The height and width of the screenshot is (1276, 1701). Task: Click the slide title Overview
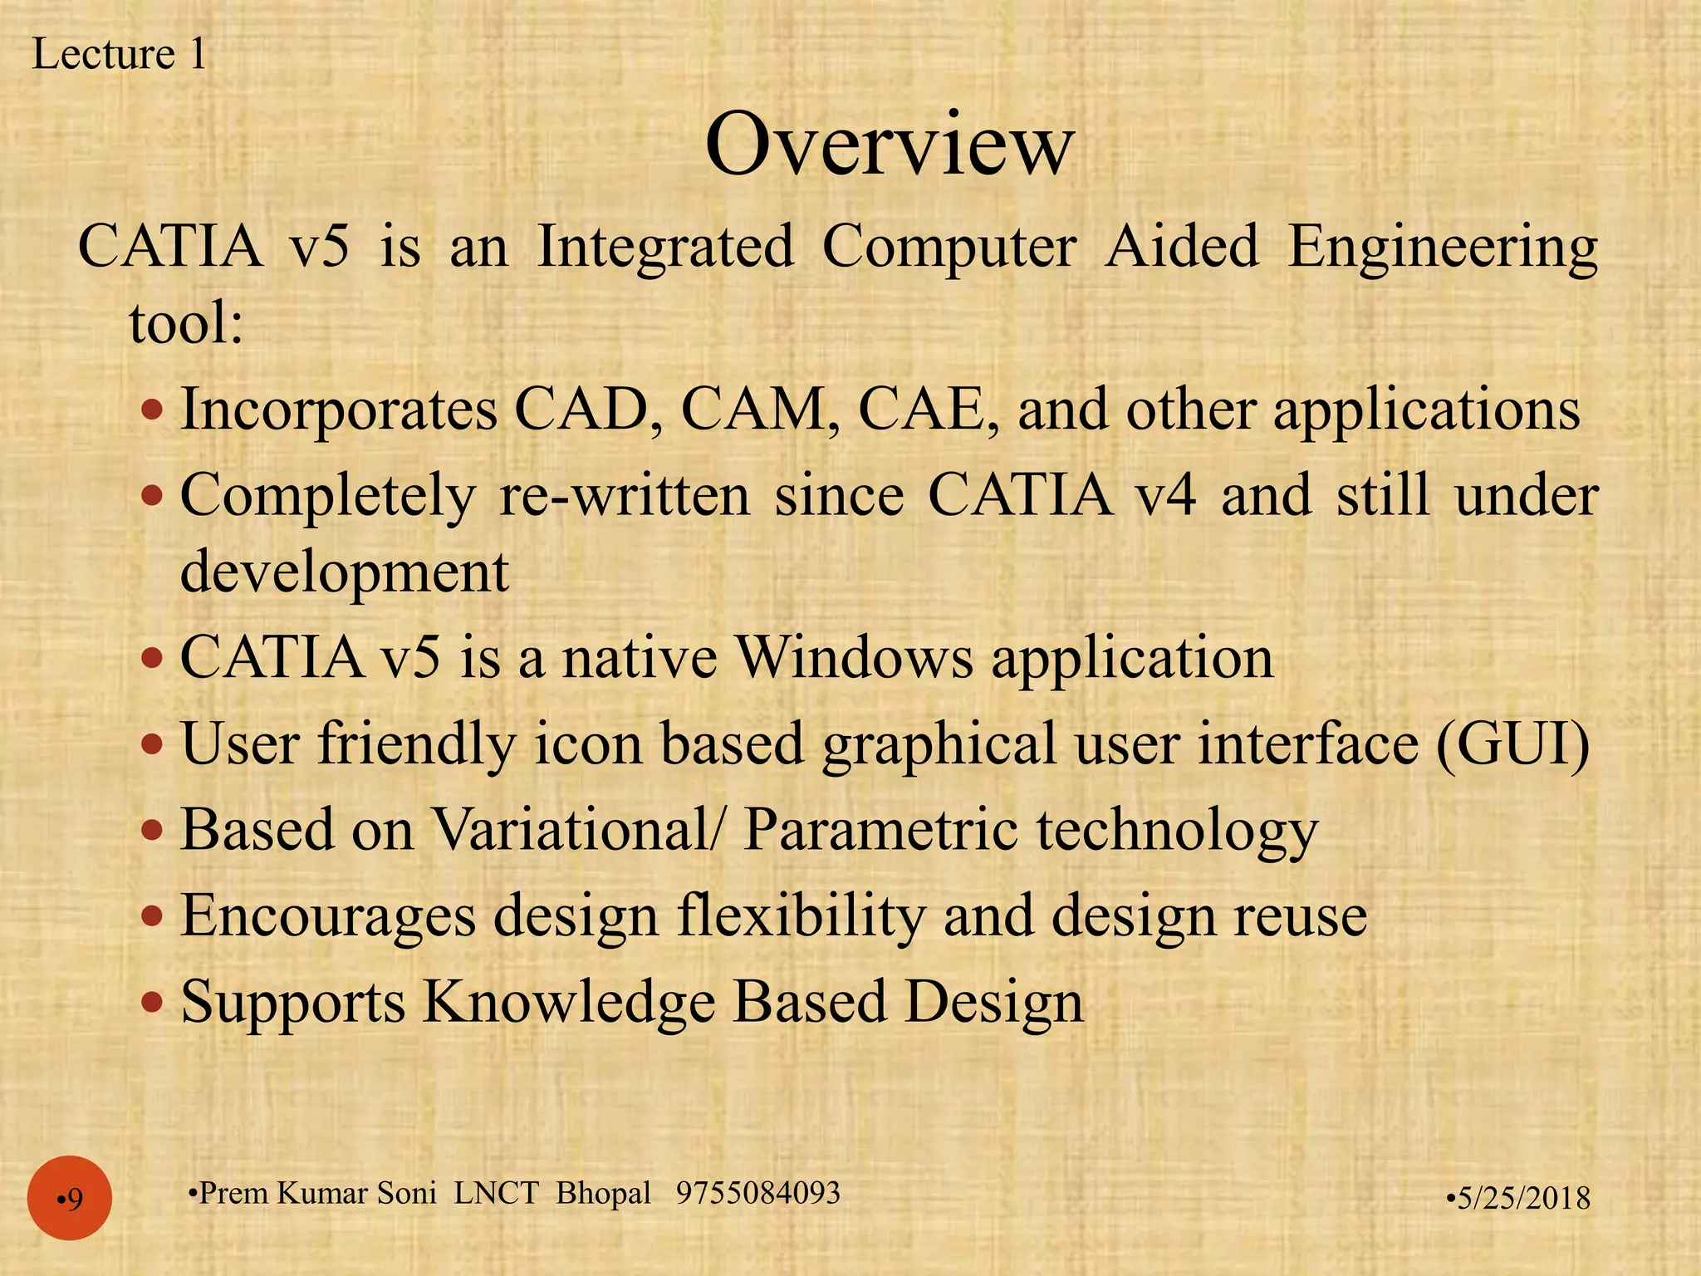[889, 145]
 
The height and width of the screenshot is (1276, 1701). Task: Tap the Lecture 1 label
[119, 55]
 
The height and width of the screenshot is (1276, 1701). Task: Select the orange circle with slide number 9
[70, 1198]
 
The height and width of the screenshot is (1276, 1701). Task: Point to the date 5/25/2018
[1519, 1198]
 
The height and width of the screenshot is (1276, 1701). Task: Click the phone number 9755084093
[757, 1193]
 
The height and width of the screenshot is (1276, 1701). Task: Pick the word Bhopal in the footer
[603, 1193]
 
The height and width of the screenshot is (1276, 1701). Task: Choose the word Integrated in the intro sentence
[665, 247]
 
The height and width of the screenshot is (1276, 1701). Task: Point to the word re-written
[624, 496]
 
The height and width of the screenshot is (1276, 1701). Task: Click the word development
[345, 573]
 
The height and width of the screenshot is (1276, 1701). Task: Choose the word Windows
[855, 658]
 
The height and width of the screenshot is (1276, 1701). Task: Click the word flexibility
[800, 917]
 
